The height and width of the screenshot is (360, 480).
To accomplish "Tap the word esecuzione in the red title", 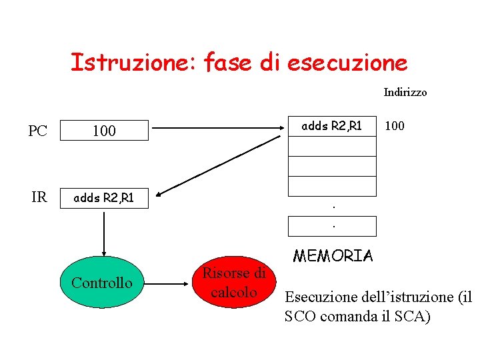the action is (x=347, y=63).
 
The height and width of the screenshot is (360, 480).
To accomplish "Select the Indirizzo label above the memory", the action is (x=405, y=93).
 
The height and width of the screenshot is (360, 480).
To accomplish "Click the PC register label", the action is (x=38, y=131).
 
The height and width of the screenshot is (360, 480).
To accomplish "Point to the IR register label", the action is (x=39, y=197).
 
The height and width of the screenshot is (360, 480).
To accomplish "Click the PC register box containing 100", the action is (x=103, y=131).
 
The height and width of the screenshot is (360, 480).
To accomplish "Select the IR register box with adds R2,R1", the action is (x=103, y=197).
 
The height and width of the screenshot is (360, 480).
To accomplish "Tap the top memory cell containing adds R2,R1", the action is (x=331, y=125).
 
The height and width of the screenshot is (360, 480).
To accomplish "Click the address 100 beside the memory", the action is (x=395, y=125).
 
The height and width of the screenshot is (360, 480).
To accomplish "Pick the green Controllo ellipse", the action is (x=101, y=283).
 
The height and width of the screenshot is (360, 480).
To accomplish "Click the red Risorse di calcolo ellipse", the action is (x=234, y=283).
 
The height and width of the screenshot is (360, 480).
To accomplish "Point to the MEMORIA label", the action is (x=333, y=255).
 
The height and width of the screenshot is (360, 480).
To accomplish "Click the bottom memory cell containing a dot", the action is (x=331, y=227).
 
